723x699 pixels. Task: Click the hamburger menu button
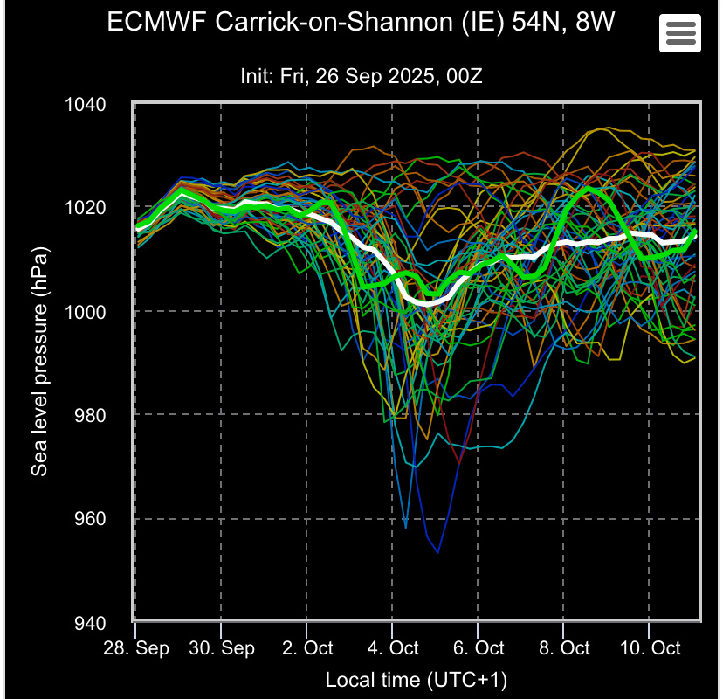point(680,32)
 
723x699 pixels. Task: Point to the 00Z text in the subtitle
point(462,76)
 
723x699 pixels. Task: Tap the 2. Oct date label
point(306,648)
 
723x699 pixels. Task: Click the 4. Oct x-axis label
point(392,648)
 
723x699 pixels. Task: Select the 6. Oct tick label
point(479,648)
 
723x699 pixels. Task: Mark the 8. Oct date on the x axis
point(564,648)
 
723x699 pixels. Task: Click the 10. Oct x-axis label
point(650,648)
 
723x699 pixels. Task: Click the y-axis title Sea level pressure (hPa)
point(39,361)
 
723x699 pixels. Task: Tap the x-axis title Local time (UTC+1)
point(416,679)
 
